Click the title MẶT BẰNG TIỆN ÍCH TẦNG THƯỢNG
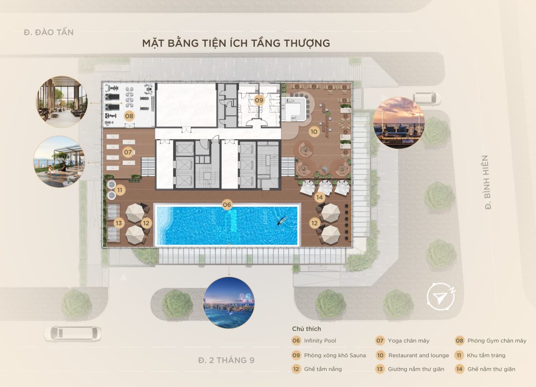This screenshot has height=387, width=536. [x=236, y=43]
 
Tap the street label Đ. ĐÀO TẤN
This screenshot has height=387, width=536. [x=49, y=32]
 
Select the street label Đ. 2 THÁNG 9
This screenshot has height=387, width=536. [x=226, y=360]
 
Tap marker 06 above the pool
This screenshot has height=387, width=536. [x=227, y=205]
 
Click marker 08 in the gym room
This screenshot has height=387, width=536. [x=129, y=115]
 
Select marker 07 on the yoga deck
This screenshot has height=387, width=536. [x=128, y=152]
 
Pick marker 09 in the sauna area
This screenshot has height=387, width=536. [x=259, y=99]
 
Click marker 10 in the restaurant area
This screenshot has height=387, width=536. [x=314, y=132]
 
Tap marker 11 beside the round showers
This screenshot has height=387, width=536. [x=120, y=190]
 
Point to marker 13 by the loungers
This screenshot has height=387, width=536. [x=119, y=223]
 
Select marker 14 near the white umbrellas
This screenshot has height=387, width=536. [x=319, y=197]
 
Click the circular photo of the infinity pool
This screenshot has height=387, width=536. [x=229, y=303]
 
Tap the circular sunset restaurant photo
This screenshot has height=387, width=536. [x=398, y=122]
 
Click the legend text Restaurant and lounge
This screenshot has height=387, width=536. [x=419, y=355]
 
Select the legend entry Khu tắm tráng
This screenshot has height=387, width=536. [x=486, y=355]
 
